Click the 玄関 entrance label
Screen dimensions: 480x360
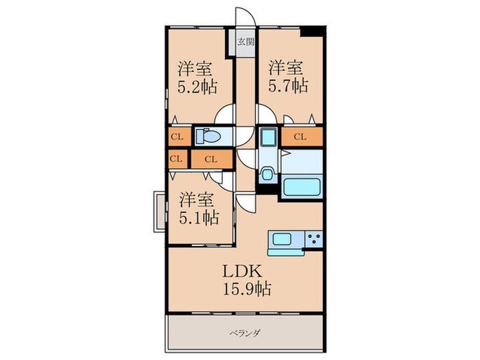point(246,42)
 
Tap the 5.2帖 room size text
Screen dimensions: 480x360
point(197,87)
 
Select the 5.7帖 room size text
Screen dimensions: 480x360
point(288,86)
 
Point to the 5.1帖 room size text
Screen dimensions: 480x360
point(199,217)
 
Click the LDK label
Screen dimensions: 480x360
point(242,271)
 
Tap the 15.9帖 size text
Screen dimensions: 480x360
point(247,289)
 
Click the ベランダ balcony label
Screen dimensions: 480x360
point(245,333)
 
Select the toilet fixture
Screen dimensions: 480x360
point(208,136)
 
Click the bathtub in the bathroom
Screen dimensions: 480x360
point(302,187)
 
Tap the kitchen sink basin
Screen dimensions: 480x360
point(282,239)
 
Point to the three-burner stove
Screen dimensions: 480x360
point(314,239)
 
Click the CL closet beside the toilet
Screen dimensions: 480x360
point(177,136)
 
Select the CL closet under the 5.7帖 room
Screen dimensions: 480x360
point(302,136)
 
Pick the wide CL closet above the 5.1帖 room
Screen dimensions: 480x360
point(211,159)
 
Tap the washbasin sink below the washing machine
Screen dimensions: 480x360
point(267,174)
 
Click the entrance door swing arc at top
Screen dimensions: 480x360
point(245,16)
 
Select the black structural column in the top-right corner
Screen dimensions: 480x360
point(312,32)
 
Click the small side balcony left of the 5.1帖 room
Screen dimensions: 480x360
point(160,211)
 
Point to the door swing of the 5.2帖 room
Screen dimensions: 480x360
point(225,114)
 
